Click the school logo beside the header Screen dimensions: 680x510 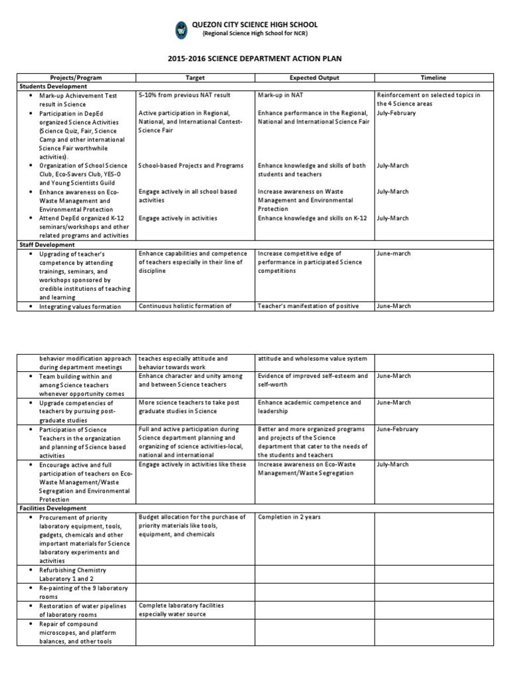pos(181,29)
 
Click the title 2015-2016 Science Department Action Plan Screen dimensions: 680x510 pos(255,58)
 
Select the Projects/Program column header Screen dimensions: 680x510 pos(76,78)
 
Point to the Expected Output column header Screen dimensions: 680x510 pos(314,78)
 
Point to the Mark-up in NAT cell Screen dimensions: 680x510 pos(278,96)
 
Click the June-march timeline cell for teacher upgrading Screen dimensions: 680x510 pos(393,254)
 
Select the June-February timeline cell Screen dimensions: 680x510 pos(397,429)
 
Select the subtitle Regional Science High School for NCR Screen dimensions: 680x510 pos(255,33)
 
